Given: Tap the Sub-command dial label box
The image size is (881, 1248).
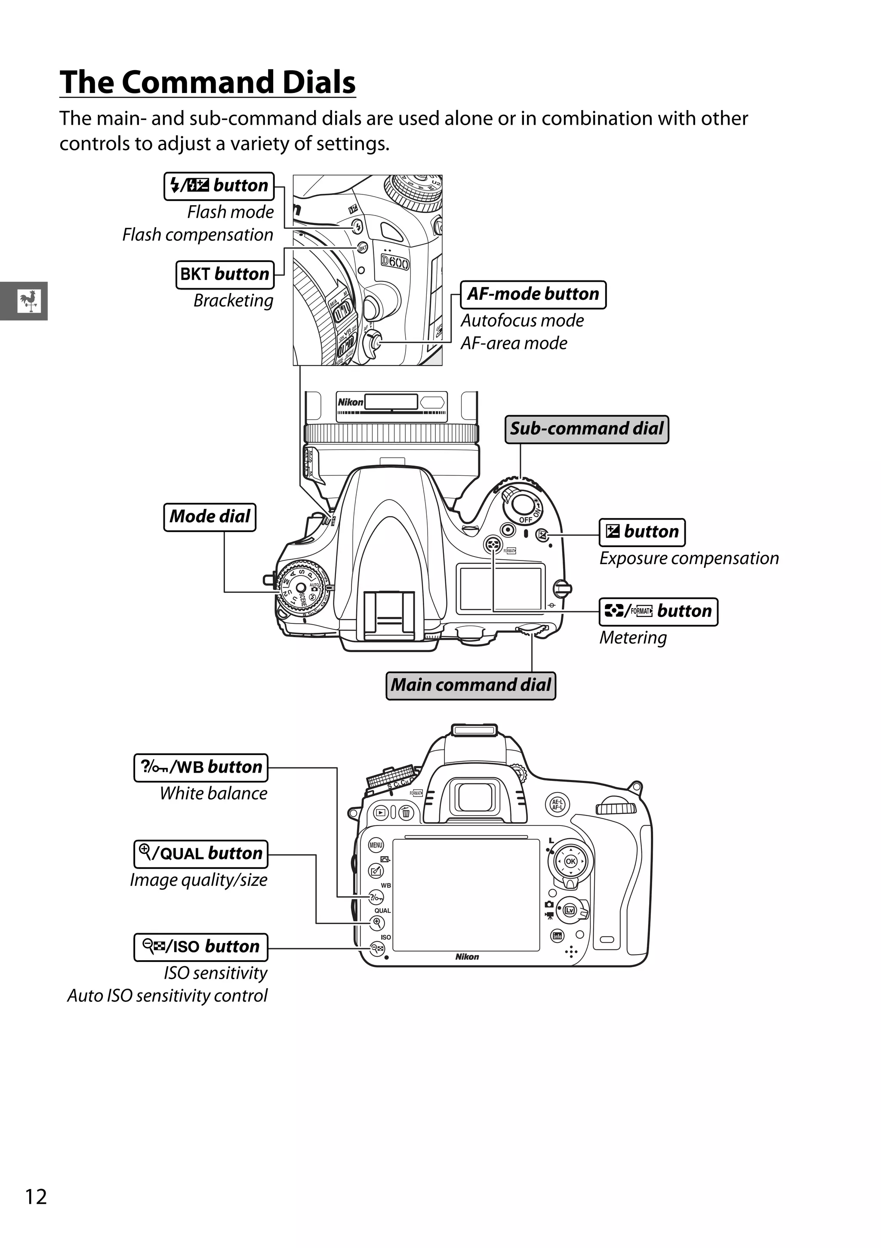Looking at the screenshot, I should pyautogui.click(x=586, y=429).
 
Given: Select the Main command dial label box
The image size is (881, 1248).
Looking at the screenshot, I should pyautogui.click(x=471, y=685).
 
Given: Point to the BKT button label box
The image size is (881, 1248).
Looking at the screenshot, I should pyautogui.click(x=225, y=274).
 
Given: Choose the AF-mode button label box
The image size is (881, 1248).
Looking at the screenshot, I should pyautogui.click(x=533, y=295).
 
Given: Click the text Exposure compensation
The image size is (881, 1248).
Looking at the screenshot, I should pyautogui.click(x=689, y=559).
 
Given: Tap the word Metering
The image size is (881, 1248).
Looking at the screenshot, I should pyautogui.click(x=633, y=638).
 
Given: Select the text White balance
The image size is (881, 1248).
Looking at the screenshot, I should pyautogui.click(x=213, y=794).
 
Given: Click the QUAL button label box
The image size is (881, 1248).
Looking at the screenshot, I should pyautogui.click(x=200, y=854).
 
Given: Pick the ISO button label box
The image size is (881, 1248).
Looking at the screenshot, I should pyautogui.click(x=200, y=947).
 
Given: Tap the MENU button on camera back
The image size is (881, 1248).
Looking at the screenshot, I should pyautogui.click(x=376, y=845).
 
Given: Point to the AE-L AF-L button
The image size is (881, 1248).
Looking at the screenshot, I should pyautogui.click(x=557, y=805).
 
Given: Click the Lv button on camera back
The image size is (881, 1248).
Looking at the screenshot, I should pyautogui.click(x=569, y=910).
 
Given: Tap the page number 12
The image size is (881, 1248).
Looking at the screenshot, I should pyautogui.click(x=36, y=1197).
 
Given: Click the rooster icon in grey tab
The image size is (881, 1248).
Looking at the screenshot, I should pyautogui.click(x=28, y=301).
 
